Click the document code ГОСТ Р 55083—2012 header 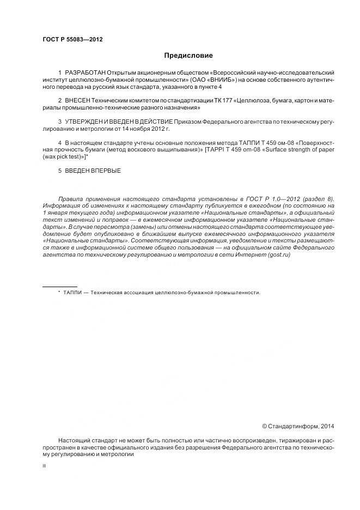pos(72,40)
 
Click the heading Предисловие pos(188,56)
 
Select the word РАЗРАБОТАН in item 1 pos(85,72)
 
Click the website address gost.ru pos(278,255)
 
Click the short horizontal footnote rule pos(60,287)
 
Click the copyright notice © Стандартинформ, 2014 pos(298,426)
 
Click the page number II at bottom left pos(44,466)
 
